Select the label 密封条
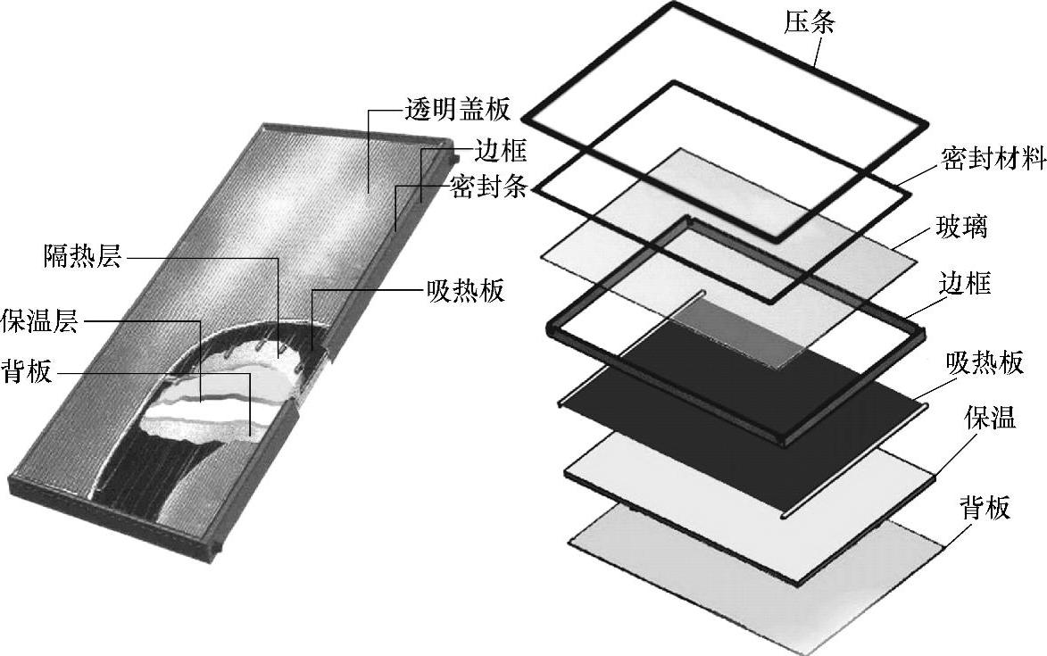click(490, 188)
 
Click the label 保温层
click(40, 320)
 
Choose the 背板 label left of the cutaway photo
click(27, 371)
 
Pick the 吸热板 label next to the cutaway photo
click(466, 292)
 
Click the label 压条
click(810, 21)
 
